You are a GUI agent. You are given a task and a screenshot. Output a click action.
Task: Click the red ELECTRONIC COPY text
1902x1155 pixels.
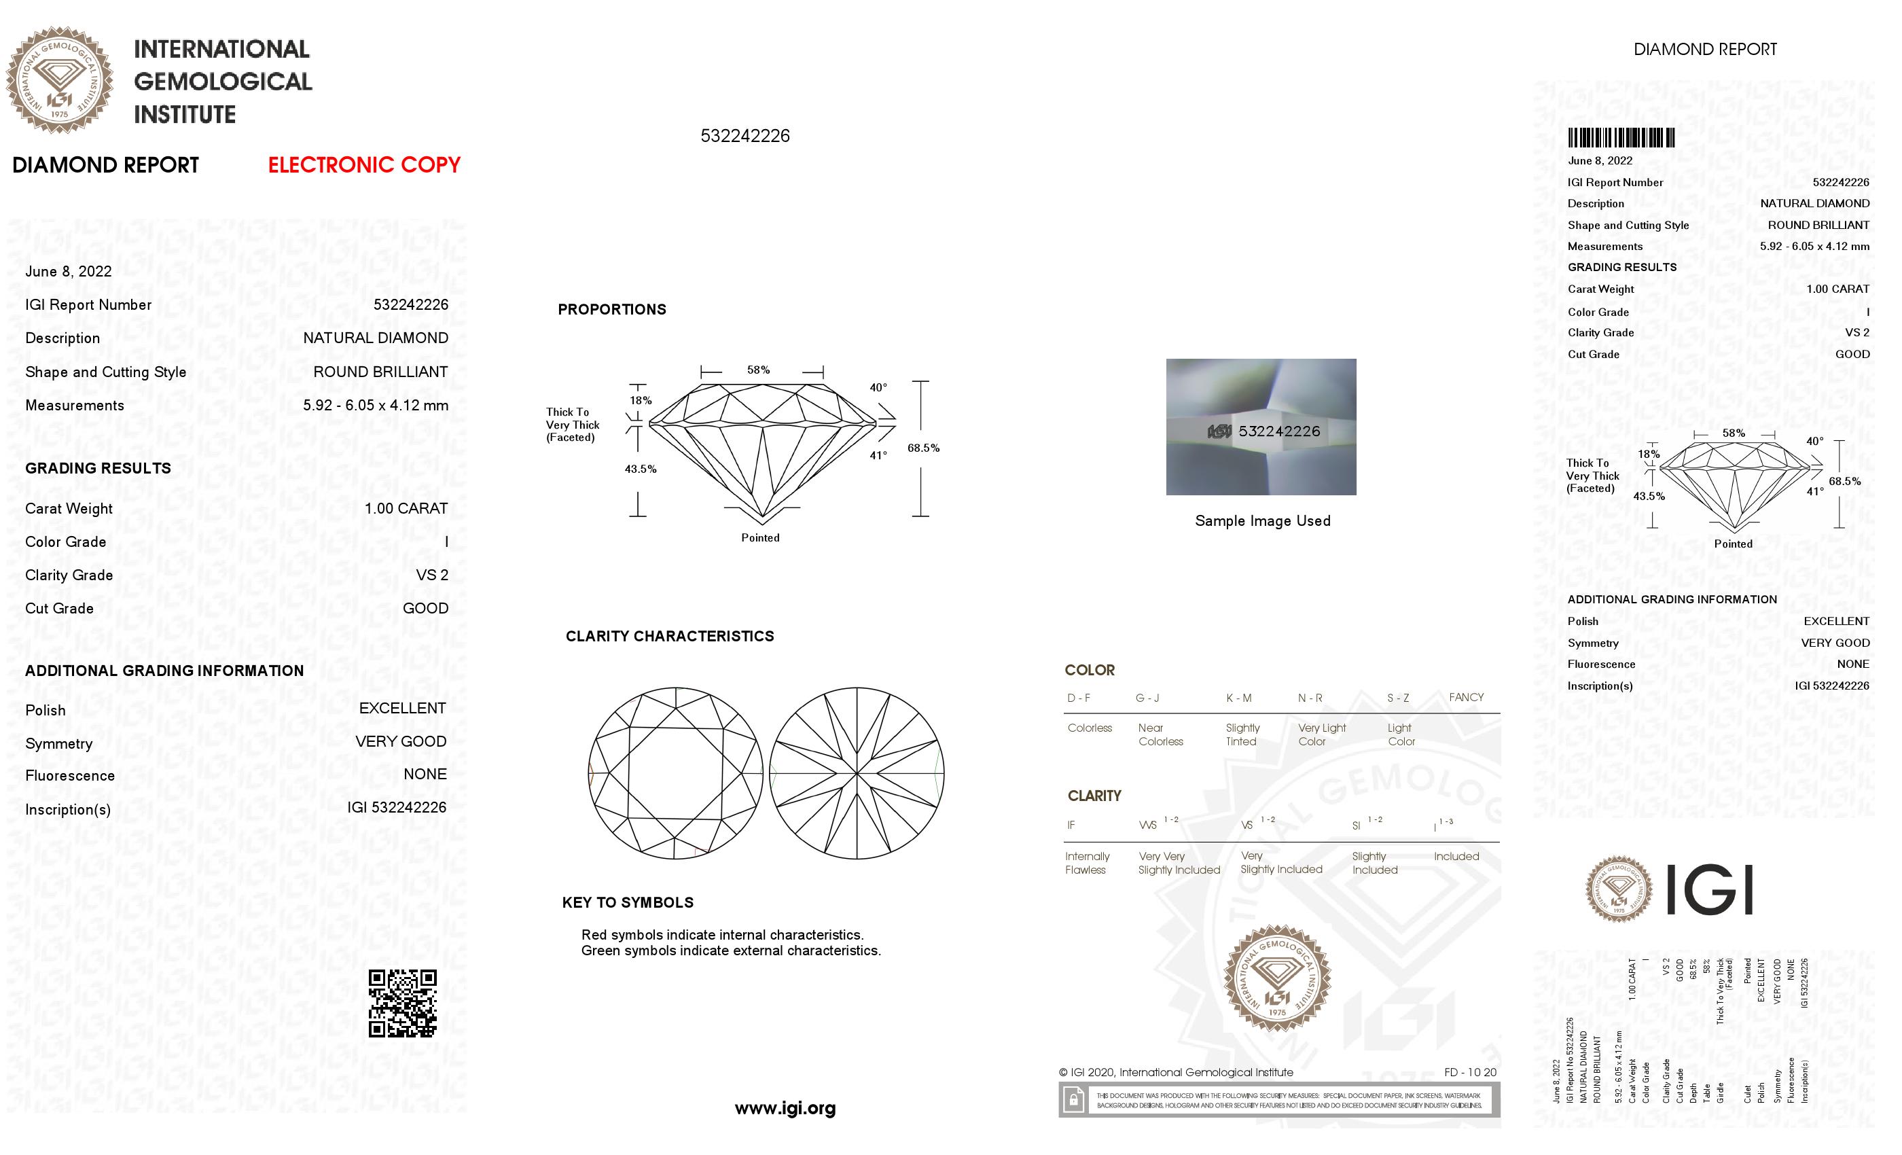coord(363,164)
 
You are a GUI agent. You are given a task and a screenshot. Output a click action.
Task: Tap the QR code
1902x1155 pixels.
coord(402,1003)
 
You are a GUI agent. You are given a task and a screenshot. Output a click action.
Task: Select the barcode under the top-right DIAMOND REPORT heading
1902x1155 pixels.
coord(1620,138)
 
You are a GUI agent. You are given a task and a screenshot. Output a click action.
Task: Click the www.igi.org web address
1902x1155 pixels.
coord(785,1109)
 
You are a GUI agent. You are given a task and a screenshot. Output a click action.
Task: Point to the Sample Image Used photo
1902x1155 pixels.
coord(1261,426)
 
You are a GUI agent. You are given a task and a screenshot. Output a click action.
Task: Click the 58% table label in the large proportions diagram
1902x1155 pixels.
coord(758,370)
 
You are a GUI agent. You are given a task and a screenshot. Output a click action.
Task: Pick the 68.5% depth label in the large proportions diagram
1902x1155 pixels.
coord(923,448)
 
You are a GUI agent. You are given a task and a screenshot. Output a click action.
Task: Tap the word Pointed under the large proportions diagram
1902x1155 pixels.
coord(760,538)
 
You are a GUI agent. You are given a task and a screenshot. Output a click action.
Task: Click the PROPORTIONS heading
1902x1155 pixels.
coord(611,310)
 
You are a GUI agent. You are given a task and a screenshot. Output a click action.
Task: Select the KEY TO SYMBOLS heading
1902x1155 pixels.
coord(628,902)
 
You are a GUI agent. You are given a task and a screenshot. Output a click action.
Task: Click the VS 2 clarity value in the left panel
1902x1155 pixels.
coord(431,575)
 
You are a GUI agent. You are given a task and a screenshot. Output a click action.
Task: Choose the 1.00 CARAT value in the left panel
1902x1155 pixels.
coord(406,509)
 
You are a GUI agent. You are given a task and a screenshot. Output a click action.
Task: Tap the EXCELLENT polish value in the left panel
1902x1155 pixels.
coord(402,708)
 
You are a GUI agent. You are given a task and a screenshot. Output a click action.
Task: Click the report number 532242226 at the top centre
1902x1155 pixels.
coord(745,136)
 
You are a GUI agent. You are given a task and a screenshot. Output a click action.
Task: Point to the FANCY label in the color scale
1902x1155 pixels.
coord(1466,697)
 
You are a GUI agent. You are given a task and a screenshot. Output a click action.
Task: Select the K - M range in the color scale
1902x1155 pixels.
coord(1238,698)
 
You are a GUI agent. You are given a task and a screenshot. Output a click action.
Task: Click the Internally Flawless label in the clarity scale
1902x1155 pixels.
coord(1087,863)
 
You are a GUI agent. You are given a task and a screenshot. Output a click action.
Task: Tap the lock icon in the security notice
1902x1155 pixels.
coord(1073,1099)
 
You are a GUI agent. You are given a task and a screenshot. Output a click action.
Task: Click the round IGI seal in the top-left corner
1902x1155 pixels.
coord(60,79)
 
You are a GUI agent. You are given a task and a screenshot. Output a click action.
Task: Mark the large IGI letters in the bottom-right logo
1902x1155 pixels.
coord(1710,889)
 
